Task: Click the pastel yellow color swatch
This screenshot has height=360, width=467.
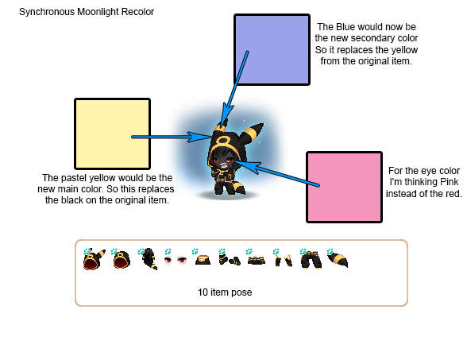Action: click(x=112, y=134)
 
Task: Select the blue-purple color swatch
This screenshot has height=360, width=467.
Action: click(x=272, y=49)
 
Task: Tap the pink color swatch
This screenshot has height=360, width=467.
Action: click(x=344, y=187)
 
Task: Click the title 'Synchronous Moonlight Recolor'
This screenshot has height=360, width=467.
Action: click(x=87, y=12)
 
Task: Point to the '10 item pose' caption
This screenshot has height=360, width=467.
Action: click(x=225, y=292)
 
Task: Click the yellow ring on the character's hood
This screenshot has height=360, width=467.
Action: click(x=222, y=141)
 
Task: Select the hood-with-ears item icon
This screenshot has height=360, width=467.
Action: click(x=94, y=259)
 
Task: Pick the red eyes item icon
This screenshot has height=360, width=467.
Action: click(x=175, y=260)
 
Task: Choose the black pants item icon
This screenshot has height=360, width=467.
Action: click(x=311, y=260)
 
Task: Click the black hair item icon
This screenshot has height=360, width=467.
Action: click(x=149, y=259)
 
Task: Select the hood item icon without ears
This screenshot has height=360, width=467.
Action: click(x=122, y=260)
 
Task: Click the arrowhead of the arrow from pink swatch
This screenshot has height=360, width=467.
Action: click(x=244, y=165)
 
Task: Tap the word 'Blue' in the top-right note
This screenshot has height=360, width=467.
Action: click(x=345, y=27)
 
